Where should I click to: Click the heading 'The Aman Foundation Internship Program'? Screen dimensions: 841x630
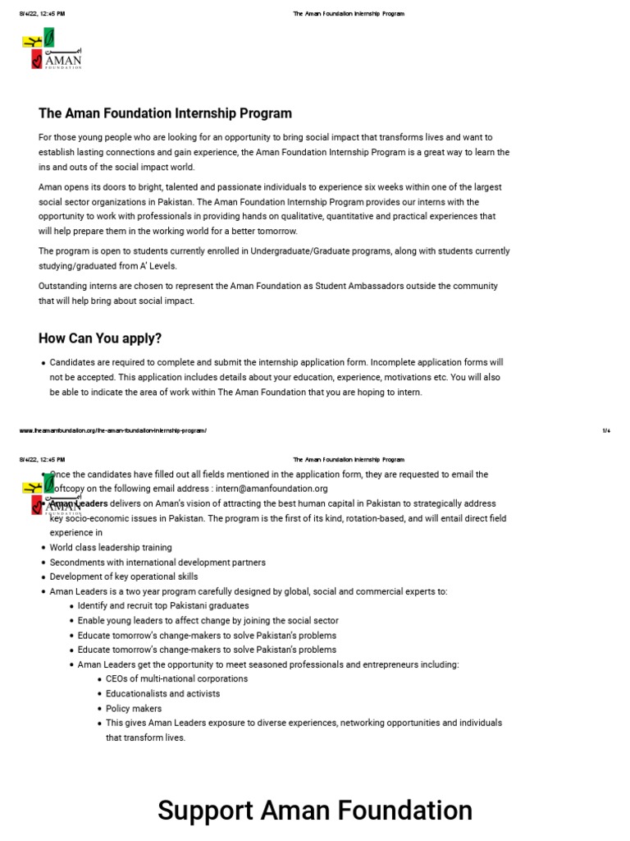(165, 113)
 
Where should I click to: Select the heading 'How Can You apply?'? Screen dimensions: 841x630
(100, 338)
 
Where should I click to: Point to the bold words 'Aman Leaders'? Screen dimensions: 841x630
(80, 503)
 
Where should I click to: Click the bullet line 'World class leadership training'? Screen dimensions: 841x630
(111, 547)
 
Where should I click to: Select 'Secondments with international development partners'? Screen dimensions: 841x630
(157, 562)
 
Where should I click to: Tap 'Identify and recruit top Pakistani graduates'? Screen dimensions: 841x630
(163, 606)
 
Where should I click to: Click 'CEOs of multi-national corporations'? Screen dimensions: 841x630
(176, 679)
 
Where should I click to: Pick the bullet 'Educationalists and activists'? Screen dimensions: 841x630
(162, 694)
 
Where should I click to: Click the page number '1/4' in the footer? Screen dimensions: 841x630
(605, 430)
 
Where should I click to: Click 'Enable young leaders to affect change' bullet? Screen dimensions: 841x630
(208, 621)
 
